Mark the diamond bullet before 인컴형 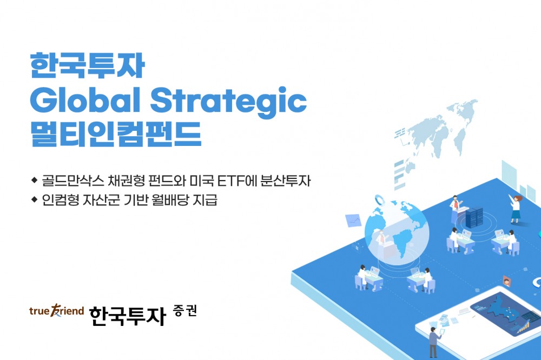click(35, 199)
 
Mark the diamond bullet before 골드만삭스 click(35, 179)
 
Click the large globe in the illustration click(397, 232)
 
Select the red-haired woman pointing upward click(516, 208)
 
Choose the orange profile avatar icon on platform click(507, 280)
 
